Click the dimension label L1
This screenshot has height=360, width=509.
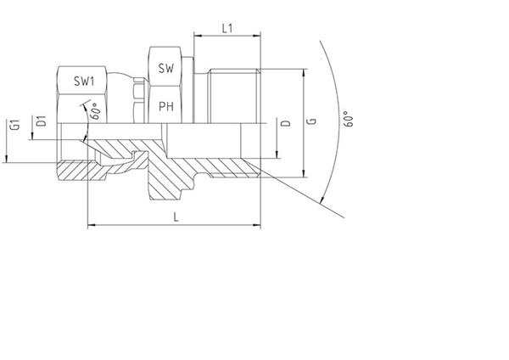point(227,29)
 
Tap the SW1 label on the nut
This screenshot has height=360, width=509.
point(84,81)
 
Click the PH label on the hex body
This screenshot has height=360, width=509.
point(166,106)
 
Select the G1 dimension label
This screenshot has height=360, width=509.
point(15,125)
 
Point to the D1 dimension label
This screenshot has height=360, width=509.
point(42,121)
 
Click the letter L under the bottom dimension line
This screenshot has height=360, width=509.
point(176,217)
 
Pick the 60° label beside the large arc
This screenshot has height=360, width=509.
point(348,119)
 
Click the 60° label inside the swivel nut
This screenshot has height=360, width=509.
point(96,111)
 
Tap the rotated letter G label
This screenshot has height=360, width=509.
point(311,121)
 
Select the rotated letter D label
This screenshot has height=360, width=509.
point(286,123)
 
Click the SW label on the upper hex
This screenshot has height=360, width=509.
point(166,68)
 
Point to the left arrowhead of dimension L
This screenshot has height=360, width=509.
point(92,224)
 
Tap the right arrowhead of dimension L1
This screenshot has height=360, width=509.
point(257,36)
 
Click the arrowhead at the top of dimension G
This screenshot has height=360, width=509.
point(304,73)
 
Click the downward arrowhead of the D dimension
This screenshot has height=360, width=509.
point(277,155)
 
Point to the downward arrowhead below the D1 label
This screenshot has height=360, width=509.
point(33,136)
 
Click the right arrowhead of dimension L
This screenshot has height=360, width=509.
point(257,224)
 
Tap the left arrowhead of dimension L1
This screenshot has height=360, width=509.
point(198,36)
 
